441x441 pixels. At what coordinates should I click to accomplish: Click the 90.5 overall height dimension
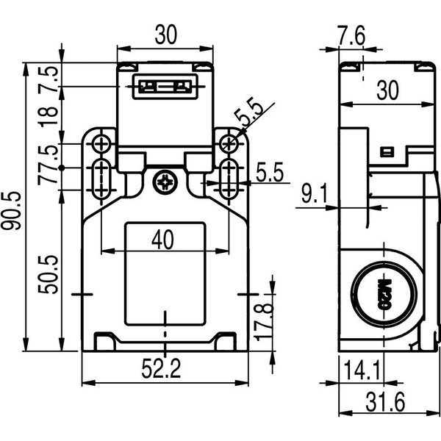[11, 210]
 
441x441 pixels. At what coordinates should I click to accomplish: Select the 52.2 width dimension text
[161, 368]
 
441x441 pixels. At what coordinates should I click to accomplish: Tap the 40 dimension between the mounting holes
[162, 240]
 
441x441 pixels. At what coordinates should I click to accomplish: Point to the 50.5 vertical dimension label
[48, 274]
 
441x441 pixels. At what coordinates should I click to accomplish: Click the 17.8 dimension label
[263, 322]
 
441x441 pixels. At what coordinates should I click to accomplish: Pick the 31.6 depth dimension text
[385, 402]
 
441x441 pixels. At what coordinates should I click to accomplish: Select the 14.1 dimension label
[362, 370]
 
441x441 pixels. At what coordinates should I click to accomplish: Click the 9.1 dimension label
[315, 193]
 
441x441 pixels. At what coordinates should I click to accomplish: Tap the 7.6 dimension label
[351, 35]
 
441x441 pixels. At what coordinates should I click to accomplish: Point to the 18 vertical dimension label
[48, 116]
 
